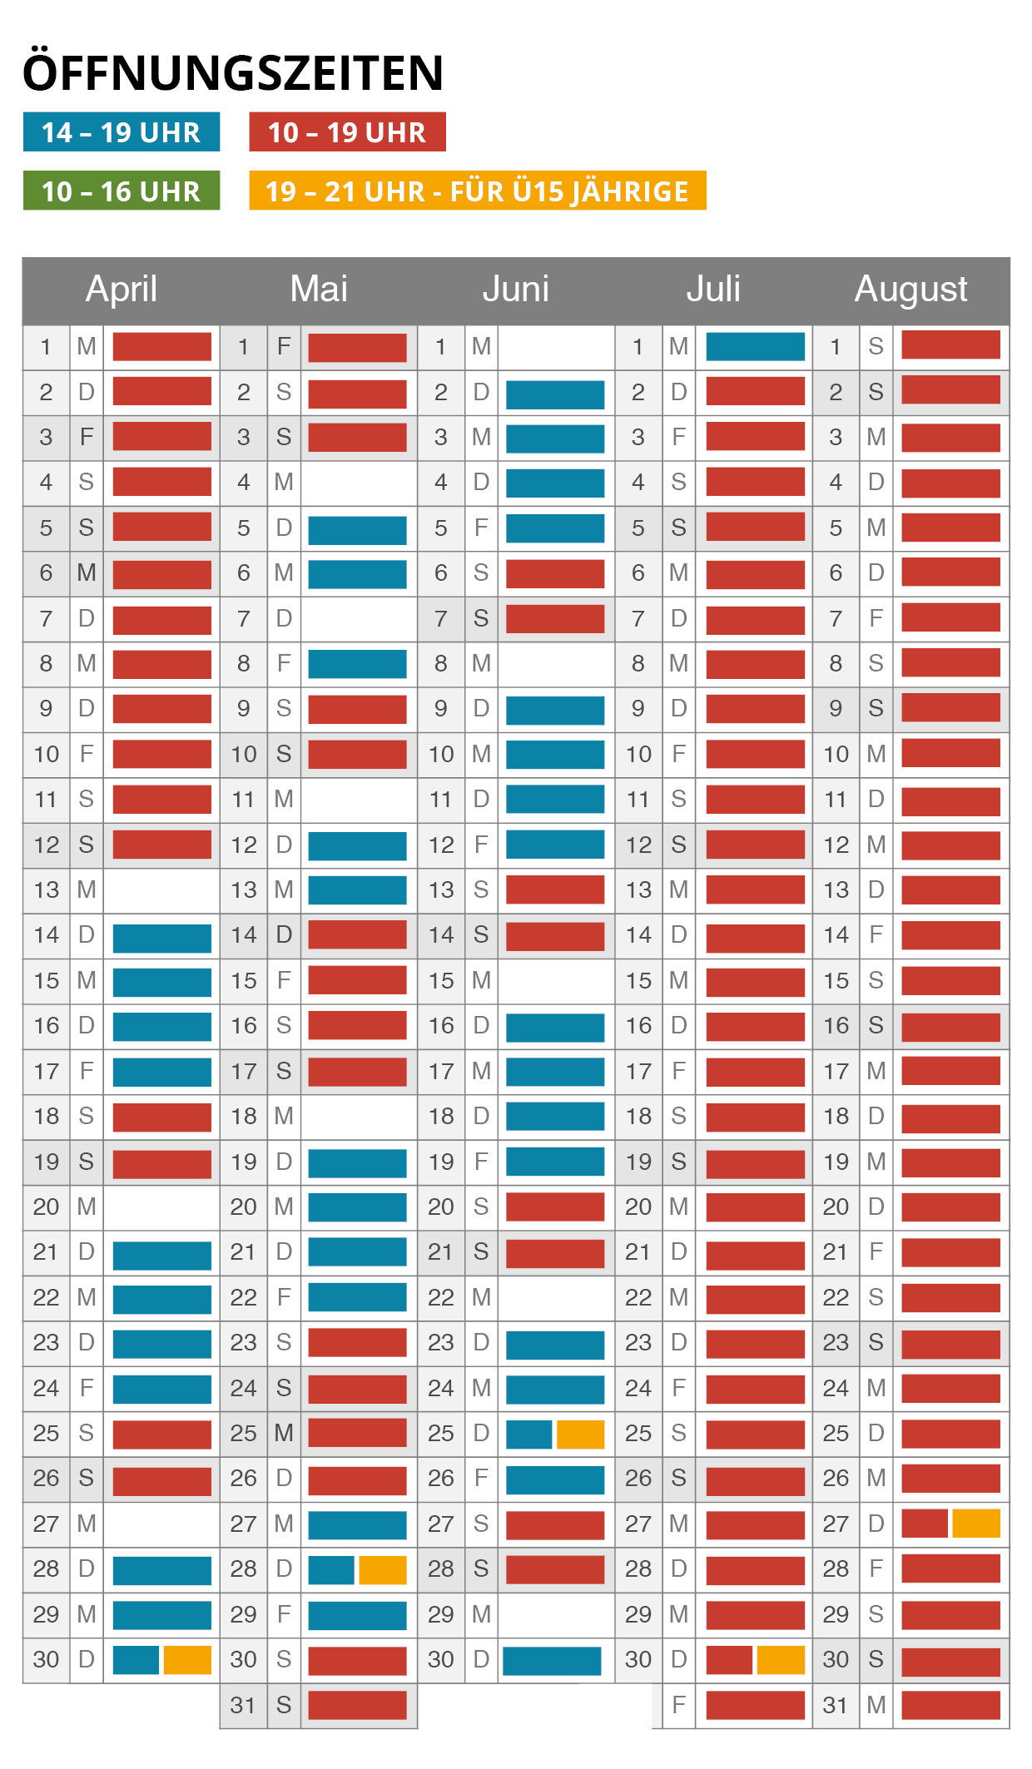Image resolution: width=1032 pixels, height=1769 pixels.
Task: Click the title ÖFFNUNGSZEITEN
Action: click(x=233, y=73)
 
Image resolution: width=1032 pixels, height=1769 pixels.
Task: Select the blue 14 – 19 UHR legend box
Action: click(x=122, y=132)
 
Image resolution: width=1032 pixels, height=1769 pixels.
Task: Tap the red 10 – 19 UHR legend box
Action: click(x=347, y=132)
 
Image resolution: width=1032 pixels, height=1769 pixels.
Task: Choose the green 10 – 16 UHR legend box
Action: click(x=122, y=191)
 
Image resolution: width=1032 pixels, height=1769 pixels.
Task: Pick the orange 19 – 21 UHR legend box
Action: click(x=477, y=191)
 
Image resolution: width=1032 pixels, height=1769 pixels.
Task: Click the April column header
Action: click(x=122, y=290)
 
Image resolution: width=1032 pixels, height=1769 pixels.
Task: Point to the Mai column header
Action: click(x=319, y=290)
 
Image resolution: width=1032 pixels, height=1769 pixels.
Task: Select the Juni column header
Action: click(x=516, y=290)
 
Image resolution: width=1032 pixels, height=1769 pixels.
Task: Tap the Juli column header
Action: click(x=713, y=290)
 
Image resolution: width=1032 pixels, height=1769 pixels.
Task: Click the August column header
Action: click(x=910, y=290)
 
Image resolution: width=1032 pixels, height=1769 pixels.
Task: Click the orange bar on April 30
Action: click(x=187, y=1660)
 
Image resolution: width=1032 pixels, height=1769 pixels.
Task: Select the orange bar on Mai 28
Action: click(x=383, y=1569)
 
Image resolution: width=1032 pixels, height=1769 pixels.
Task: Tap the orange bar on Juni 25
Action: click(x=580, y=1434)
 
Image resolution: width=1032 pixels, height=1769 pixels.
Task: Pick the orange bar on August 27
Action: click(x=976, y=1524)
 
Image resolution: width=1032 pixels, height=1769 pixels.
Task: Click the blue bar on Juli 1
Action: click(x=755, y=347)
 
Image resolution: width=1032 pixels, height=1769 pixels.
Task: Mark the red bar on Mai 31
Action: click(x=357, y=1705)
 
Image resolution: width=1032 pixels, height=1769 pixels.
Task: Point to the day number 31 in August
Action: click(x=836, y=1705)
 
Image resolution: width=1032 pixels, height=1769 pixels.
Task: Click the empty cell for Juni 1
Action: click(x=556, y=347)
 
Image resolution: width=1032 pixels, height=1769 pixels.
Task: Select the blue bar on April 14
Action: click(x=161, y=937)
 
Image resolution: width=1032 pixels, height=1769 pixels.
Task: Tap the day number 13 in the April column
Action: click(x=47, y=890)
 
